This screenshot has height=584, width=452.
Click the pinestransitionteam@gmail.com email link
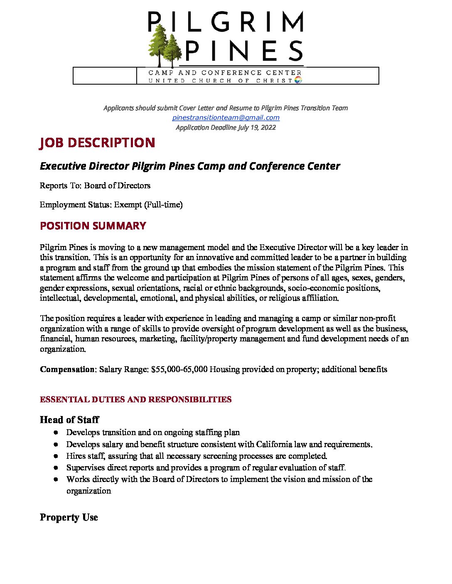click(x=226, y=117)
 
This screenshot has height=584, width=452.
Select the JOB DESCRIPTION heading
click(x=97, y=143)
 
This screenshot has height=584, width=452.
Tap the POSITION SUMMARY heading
click(x=93, y=226)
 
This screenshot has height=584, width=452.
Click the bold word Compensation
click(x=67, y=369)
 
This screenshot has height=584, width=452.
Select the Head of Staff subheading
click(x=69, y=420)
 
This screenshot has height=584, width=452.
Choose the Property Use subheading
click(x=69, y=517)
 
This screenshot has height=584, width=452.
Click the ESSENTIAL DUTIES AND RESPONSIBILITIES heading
click(x=135, y=399)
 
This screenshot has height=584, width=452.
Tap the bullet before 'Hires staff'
click(x=56, y=456)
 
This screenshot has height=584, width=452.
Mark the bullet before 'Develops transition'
click(x=56, y=433)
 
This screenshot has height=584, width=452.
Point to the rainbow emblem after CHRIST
click(x=297, y=80)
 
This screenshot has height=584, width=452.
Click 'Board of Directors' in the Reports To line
click(x=117, y=185)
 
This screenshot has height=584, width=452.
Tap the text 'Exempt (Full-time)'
click(x=148, y=204)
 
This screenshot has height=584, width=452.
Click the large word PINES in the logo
click(x=244, y=51)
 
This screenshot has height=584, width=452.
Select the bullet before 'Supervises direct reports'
click(x=56, y=467)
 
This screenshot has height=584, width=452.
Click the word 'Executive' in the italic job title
click(x=63, y=166)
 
